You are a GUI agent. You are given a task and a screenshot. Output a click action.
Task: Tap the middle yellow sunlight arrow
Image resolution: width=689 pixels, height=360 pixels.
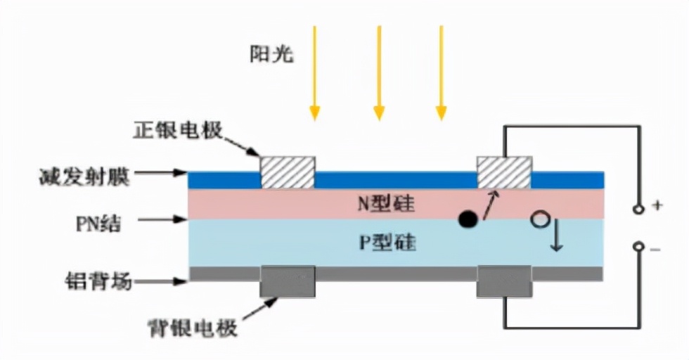[x=379, y=70]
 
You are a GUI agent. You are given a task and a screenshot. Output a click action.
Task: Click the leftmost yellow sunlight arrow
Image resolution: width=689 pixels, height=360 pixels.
[x=315, y=70]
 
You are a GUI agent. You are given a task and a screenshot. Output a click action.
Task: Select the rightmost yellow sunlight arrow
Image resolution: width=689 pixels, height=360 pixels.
[x=441, y=70]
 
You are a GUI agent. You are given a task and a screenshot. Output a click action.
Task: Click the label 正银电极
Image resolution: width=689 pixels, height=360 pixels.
[x=178, y=131]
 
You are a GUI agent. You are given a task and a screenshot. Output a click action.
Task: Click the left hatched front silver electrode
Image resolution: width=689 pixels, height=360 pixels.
[x=288, y=172]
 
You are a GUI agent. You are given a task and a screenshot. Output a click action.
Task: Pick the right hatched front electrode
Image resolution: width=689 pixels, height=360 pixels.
[x=504, y=172]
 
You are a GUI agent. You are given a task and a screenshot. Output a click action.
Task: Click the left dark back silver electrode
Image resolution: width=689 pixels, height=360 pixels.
[x=288, y=281]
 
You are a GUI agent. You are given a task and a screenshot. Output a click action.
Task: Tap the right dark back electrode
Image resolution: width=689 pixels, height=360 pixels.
[x=504, y=281]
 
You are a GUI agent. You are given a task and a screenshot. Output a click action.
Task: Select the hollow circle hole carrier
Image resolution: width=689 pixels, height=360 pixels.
[x=539, y=219]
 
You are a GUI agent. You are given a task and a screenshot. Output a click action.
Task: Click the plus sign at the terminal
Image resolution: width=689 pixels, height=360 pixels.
[x=658, y=206]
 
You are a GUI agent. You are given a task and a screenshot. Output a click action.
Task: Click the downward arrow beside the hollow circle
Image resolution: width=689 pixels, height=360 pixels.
[x=557, y=238]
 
